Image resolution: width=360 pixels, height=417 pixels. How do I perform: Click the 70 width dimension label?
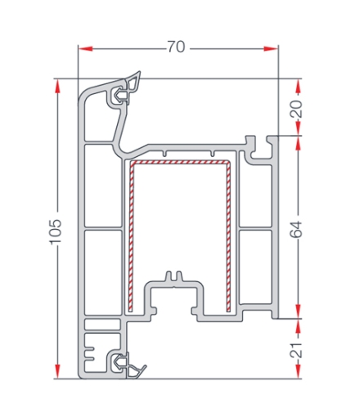click(176, 47)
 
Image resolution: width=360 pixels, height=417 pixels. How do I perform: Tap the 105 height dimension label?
click(56, 231)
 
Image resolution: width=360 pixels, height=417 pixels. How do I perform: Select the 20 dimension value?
click(296, 109)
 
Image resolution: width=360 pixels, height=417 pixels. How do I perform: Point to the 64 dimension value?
click(296, 230)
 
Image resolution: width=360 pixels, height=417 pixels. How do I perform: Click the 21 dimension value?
click(296, 350)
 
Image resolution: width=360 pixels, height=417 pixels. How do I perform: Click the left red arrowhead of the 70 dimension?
click(86, 49)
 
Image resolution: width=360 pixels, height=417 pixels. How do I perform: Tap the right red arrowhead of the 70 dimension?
click(271, 48)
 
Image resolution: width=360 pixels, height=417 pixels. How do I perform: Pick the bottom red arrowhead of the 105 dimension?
click(57, 371)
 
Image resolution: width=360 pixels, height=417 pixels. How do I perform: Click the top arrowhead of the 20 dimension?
click(299, 86)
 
